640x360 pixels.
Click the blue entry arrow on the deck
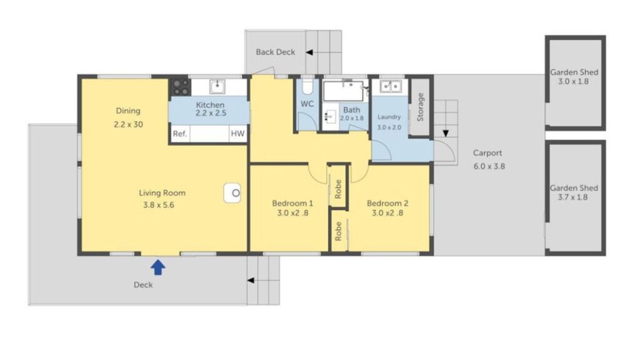158,267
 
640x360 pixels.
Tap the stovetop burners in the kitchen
180,86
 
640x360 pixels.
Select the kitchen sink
217,86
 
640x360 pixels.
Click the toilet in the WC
307,86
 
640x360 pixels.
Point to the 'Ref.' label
180,134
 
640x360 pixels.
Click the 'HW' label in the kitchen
237,134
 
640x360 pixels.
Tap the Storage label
421,107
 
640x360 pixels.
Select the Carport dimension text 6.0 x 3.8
489,166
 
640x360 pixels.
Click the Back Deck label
276,52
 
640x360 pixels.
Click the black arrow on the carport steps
446,134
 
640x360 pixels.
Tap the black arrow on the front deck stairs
251,281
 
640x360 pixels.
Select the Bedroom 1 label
292,203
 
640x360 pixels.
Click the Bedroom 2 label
387,203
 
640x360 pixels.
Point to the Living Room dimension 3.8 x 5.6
159,205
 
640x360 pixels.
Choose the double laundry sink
391,86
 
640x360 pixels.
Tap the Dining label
128,111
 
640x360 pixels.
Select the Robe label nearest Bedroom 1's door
338,189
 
